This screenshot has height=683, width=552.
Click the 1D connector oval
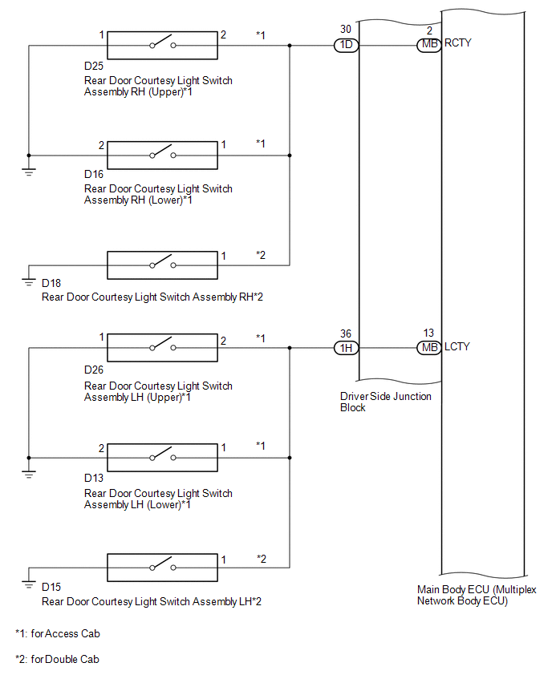point(347,45)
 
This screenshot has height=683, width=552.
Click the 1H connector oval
point(347,348)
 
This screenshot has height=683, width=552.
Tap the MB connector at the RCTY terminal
point(429,45)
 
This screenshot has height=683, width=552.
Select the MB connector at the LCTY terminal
point(429,348)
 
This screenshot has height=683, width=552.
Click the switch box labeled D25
point(163,45)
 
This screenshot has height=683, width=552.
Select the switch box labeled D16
point(163,154)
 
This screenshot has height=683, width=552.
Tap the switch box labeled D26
point(163,348)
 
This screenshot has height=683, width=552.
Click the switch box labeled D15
point(163,568)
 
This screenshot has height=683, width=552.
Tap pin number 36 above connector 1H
point(345,333)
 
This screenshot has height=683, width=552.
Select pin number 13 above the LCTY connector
point(429,333)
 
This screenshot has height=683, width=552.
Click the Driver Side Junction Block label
point(386,402)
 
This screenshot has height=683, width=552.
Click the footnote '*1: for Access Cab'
point(58,633)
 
